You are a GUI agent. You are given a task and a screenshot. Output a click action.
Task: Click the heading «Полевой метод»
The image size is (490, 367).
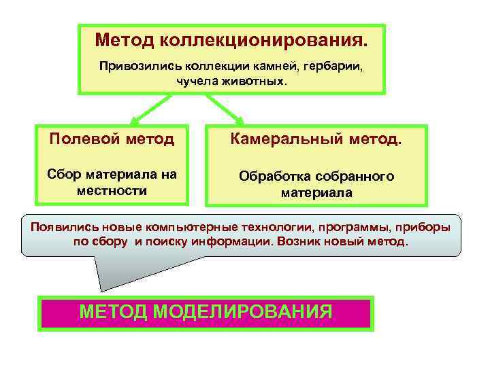coord(112,140)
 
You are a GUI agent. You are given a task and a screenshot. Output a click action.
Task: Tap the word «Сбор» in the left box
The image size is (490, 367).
coord(66,174)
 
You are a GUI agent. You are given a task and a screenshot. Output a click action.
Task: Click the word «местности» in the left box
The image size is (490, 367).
coord(112,190)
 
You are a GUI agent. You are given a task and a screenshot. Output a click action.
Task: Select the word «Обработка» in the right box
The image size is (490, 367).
coord(275,176)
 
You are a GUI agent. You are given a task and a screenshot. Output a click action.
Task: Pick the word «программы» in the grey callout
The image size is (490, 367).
coord(346,227)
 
